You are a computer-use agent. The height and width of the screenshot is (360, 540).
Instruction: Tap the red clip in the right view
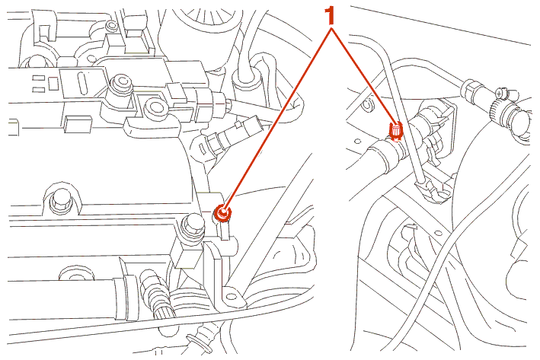click(x=395, y=132)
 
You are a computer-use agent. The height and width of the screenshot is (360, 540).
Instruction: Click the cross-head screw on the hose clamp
click(x=500, y=93)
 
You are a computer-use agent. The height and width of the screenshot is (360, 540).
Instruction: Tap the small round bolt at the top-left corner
click(x=111, y=26)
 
